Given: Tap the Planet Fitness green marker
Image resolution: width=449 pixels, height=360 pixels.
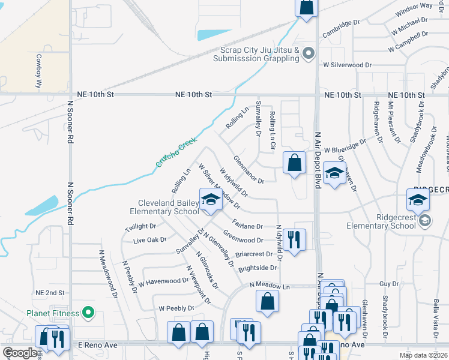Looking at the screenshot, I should pyautogui.click(x=88, y=313).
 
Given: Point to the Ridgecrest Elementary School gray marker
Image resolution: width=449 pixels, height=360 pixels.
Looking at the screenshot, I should pyautogui.click(x=425, y=220).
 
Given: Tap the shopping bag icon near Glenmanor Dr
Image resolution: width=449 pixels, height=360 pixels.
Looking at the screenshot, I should pyautogui.click(x=294, y=163).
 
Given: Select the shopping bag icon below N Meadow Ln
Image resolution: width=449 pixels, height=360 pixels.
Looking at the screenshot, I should pyautogui.click(x=268, y=301).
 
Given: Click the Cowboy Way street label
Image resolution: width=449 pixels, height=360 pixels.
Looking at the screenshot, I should pyautogui.click(x=39, y=71).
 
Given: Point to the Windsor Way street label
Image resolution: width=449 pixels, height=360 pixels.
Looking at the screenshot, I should pyautogui.click(x=414, y=10).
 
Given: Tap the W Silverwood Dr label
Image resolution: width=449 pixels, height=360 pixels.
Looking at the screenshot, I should pyautogui.click(x=348, y=65).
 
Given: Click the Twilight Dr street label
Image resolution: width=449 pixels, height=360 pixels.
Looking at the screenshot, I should pyautogui.click(x=140, y=227).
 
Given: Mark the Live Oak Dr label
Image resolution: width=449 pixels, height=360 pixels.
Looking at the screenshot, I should pyautogui.click(x=149, y=240).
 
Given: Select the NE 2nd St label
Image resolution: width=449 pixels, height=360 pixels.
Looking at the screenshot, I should pyautogui.click(x=50, y=292).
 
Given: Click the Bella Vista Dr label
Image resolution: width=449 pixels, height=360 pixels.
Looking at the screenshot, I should pyautogui.click(x=436, y=320).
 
